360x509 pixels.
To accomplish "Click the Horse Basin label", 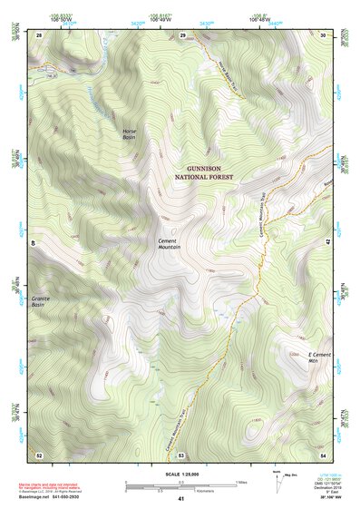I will click(x=133, y=134).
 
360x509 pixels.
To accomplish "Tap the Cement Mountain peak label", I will click(x=169, y=243).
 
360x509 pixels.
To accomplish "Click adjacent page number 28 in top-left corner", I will click(x=39, y=34).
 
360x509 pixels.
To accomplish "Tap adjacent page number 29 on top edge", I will click(x=181, y=34).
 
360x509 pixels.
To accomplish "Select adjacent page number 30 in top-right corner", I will click(x=323, y=34).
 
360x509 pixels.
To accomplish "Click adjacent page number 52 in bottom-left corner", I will click(x=39, y=453).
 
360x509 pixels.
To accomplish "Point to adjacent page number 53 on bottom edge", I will click(x=181, y=453).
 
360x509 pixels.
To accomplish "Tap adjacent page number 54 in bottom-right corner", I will click(x=323, y=453).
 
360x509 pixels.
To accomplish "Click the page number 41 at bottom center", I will click(x=181, y=499).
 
